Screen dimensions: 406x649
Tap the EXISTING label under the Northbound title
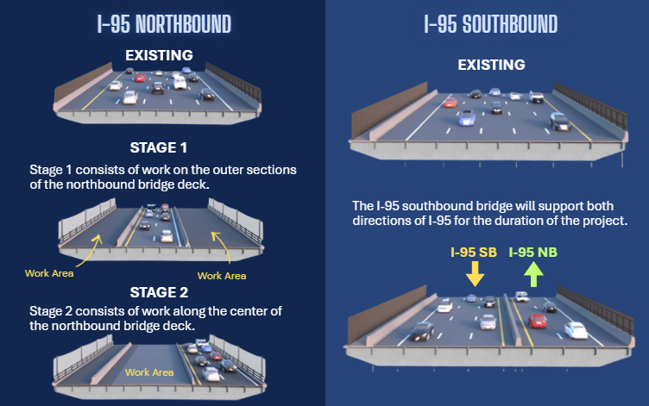tap(159, 56)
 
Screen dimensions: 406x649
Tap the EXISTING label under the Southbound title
tap(490, 65)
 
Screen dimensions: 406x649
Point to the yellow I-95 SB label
tap(474, 253)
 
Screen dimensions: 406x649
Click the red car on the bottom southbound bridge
tap(537, 321)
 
